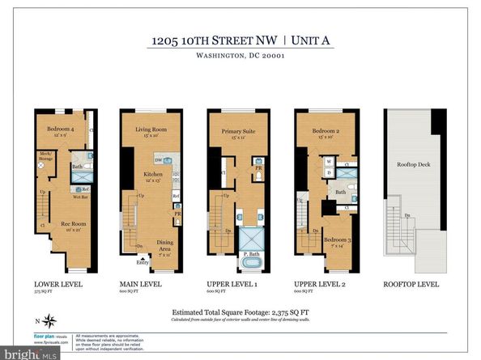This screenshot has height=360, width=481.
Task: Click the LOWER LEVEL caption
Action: pos(55,285)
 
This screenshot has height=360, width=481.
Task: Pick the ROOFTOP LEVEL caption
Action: pos(415,285)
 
